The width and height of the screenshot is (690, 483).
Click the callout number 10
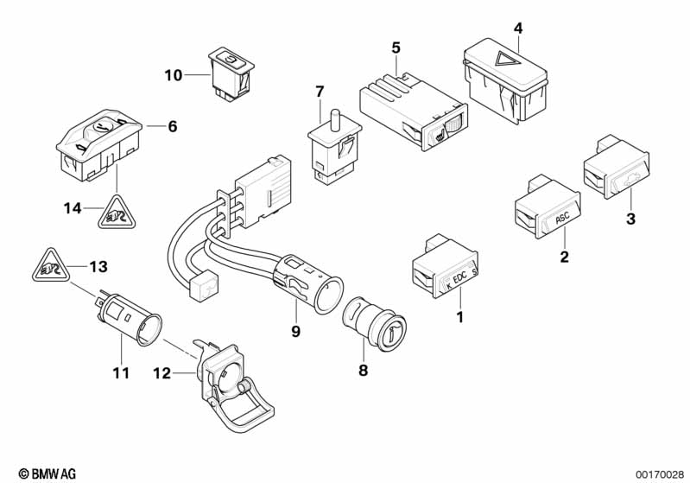coord(173,76)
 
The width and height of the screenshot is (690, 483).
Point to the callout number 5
coord(396,45)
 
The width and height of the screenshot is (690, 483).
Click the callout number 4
coord(517,28)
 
